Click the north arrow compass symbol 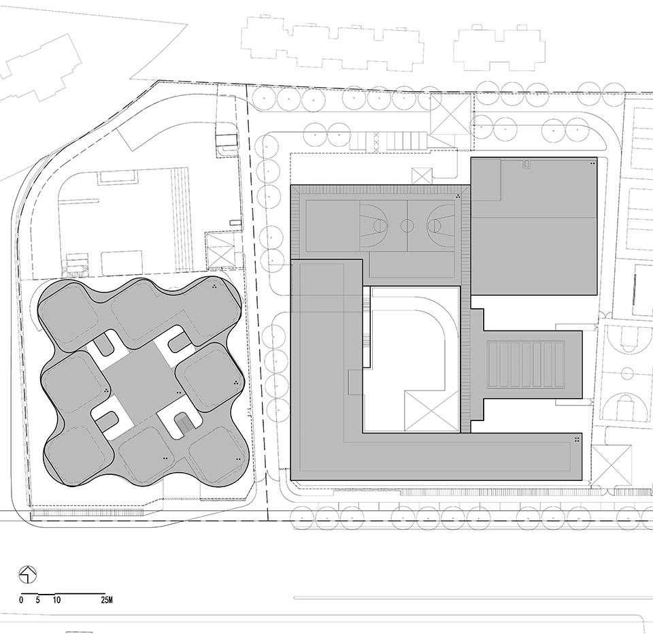point(28,575)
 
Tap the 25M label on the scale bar point(106,600)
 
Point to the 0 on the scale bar point(21,600)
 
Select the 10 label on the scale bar point(56,600)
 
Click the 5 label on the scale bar point(38,600)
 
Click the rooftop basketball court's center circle point(407,226)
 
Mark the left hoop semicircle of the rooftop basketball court point(380,226)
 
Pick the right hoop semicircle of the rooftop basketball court point(434,226)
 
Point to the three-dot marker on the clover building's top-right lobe point(214,286)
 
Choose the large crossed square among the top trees point(450,114)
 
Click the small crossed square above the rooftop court point(422,176)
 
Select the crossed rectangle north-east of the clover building point(220,249)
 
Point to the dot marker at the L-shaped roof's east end point(577,439)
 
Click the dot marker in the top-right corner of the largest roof point(592,164)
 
